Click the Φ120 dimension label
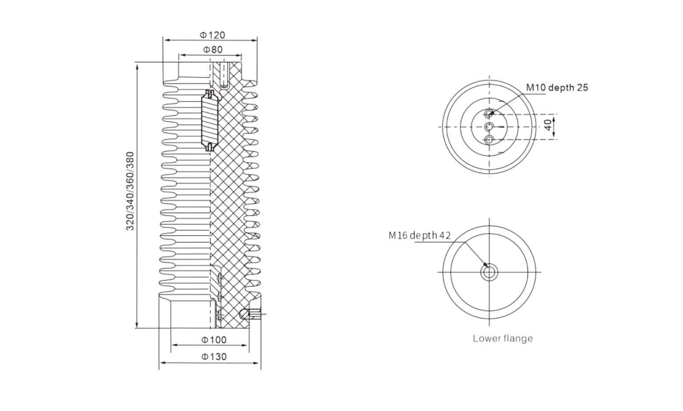(212, 35)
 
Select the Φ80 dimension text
(213, 49)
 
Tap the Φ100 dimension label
(214, 339)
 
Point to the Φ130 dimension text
(214, 357)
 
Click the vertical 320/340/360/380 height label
(130, 191)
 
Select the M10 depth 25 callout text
(557, 88)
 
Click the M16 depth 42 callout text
(419, 235)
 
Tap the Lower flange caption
(503, 338)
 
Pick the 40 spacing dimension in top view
(548, 125)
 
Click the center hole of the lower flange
(489, 272)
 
